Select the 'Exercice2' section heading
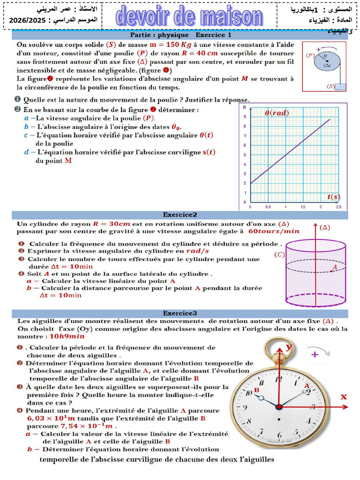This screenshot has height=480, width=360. pos(180,215)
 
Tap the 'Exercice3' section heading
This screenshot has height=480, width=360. pos(180,313)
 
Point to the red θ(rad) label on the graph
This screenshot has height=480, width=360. pos(277,113)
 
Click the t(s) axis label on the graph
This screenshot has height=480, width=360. pos(333,196)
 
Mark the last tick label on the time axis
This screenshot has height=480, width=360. pos(338,207)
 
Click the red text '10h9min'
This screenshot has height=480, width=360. pos(67,336)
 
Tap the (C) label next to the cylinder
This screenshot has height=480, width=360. pos(279,255)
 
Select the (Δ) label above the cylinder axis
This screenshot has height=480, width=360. pos(324,228)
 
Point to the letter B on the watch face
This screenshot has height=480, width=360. pos(256,390)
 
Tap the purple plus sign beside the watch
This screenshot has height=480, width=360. pos(315,354)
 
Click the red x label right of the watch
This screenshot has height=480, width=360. pos(344,397)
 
